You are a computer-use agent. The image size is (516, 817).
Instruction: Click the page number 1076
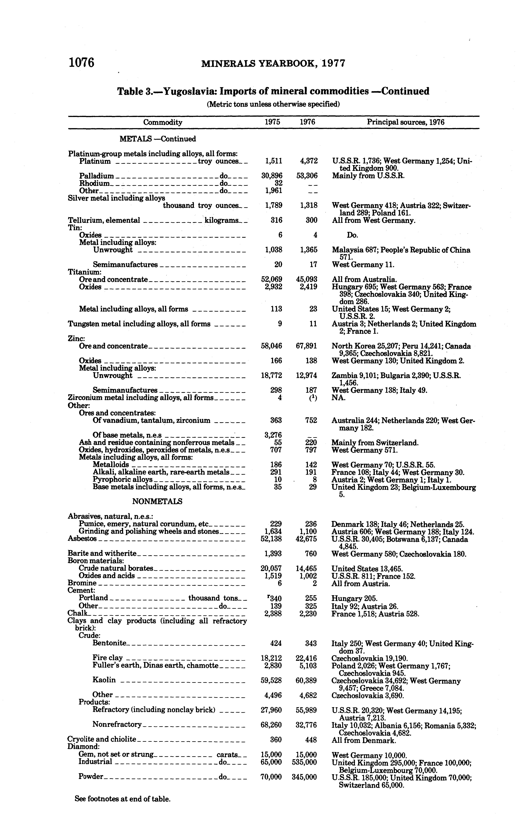81,63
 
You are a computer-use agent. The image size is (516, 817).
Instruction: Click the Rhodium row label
94,183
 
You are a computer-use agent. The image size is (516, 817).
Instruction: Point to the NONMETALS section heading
157,502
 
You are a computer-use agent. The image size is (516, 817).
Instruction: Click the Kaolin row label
104,680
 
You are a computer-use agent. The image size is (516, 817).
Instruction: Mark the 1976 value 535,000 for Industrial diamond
304,762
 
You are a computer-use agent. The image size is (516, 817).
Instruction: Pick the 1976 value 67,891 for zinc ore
306,346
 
